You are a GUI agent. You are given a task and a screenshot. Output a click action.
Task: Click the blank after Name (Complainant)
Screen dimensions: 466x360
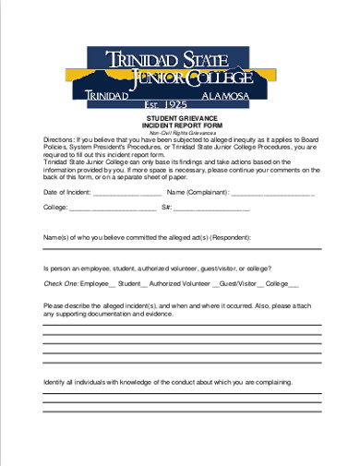pyautogui.click(x=272, y=193)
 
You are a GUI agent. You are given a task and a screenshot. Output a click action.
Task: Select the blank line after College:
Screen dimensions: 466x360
pyautogui.click(x=113, y=209)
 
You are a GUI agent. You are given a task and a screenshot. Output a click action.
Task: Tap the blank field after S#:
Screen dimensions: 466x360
pyautogui.click(x=213, y=209)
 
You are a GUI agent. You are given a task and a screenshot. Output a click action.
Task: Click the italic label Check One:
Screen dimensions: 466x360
pyautogui.click(x=61, y=283)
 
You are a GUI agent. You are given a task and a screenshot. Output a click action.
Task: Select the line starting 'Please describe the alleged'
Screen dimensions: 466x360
pyautogui.click(x=180, y=305)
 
